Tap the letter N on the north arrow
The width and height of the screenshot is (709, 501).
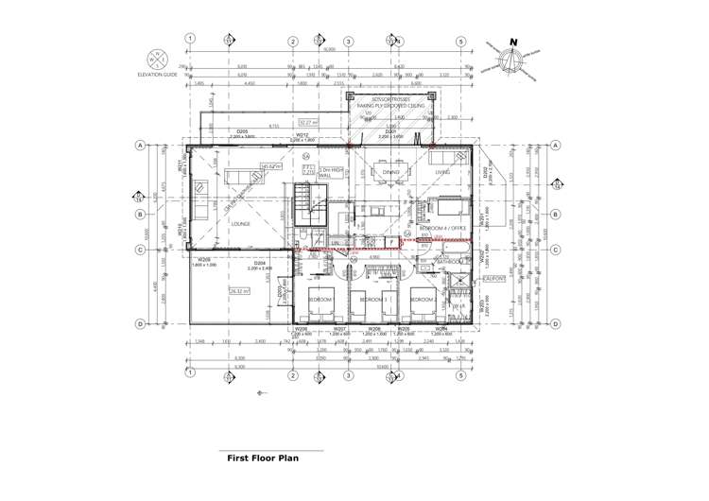[x=512, y=42]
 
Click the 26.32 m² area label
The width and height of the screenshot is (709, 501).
[x=237, y=291]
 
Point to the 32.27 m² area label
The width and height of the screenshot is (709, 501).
[x=308, y=122]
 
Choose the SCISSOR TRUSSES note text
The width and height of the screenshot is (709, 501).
[x=391, y=97]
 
